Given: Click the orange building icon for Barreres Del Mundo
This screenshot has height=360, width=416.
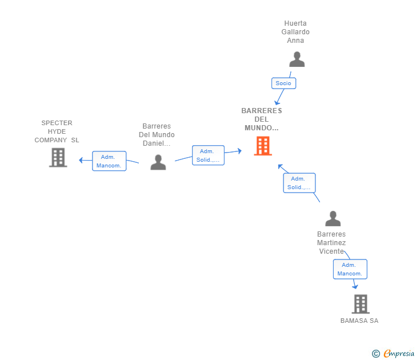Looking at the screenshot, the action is tap(263, 146).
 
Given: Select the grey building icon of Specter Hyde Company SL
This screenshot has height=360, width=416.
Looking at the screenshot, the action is tap(58, 157).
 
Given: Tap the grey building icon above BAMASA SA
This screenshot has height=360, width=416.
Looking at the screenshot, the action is tap(361, 304).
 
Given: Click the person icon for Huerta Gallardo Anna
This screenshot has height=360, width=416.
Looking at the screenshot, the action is tap(297, 59).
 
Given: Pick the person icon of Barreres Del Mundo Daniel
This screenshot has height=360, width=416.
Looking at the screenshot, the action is tap(158, 162).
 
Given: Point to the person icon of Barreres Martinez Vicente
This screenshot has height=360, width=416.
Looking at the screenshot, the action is tap(333, 218).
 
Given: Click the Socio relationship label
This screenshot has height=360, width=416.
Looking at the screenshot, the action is tap(283, 83).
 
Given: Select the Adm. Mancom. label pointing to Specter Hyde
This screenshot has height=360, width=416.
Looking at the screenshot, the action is tap(109, 161).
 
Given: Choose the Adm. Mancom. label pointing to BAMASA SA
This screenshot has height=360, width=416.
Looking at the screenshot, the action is tap(350, 269).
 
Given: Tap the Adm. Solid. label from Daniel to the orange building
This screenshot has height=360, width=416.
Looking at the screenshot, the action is tap(208, 155).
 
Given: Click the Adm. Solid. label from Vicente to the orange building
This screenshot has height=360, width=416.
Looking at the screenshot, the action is tap(299, 183).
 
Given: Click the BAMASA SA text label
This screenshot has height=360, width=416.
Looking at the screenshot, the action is tap(359, 321).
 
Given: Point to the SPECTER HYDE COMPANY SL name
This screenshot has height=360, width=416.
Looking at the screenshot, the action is tap(57, 131).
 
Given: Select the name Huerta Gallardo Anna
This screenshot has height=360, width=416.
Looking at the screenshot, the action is tap(295, 32).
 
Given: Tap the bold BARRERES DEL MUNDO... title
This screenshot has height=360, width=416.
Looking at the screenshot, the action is tap(262, 119).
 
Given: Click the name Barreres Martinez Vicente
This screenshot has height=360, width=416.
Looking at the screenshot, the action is tap(331, 242).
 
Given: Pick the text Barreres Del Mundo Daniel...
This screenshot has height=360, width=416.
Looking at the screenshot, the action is tap(157, 135).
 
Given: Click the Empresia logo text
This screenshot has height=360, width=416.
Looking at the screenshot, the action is tap(399, 354).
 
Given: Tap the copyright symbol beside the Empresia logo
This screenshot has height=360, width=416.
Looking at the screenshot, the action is tap(376, 354).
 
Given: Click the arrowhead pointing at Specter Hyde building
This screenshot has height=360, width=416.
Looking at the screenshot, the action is tap(81, 160).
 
